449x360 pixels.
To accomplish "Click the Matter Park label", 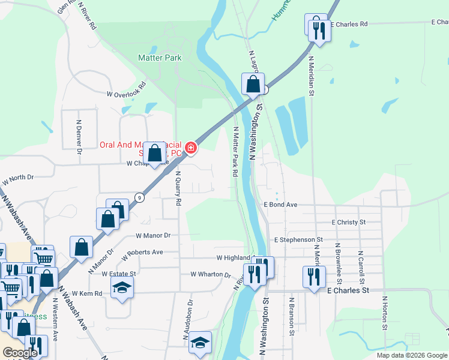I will coord(160,58).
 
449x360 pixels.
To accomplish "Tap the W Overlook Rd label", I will coord(126,89).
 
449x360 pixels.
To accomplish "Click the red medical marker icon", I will coord(191,147).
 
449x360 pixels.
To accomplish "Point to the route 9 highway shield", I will coord(139,197).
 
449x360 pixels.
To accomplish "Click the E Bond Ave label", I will coord(281,205).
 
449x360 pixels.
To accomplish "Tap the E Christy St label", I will coord(348,222).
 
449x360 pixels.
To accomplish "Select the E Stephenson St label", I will coord(298,239).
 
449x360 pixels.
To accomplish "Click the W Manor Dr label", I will coord(154,236).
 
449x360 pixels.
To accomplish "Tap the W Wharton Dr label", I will coord(211,274).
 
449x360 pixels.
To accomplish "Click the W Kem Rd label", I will coord(87,293).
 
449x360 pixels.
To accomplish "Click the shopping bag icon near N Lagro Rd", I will coord(253,85).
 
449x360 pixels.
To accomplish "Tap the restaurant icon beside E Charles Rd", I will coord(319,31).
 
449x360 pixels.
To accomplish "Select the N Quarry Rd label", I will coord(178,189).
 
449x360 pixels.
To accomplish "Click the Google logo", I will coord(20,353).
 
